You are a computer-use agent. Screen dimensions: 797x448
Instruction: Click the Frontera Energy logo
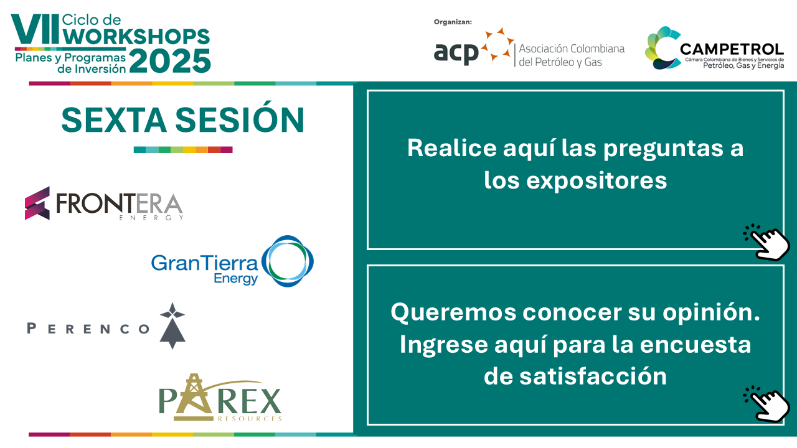click(x=104, y=203)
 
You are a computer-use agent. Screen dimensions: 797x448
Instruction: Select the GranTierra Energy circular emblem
click(x=288, y=261)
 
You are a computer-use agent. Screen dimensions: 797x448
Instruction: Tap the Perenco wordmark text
click(x=88, y=328)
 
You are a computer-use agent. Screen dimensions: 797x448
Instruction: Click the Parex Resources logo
click(x=220, y=397)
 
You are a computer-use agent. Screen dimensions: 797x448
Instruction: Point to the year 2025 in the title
click(x=170, y=61)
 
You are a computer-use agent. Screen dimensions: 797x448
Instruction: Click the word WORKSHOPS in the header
click(x=136, y=36)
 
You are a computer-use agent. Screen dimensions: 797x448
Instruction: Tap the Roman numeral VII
click(x=35, y=29)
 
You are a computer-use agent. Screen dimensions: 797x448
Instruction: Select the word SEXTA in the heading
click(x=114, y=120)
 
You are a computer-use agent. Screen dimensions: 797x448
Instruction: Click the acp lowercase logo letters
click(x=456, y=53)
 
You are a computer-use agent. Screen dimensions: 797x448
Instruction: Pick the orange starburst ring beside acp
click(x=498, y=44)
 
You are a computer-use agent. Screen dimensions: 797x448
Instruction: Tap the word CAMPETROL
click(x=732, y=49)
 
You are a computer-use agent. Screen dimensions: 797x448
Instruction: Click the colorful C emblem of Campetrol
click(x=662, y=48)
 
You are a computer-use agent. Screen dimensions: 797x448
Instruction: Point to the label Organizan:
click(x=453, y=22)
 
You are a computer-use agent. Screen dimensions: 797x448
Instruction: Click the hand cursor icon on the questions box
click(x=766, y=242)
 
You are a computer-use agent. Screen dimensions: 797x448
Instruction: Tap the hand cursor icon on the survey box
click(x=766, y=404)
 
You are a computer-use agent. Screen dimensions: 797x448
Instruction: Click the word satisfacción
click(x=593, y=376)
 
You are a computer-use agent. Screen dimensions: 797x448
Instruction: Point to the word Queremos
click(x=453, y=313)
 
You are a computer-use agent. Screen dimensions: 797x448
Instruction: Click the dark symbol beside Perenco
click(x=172, y=325)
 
